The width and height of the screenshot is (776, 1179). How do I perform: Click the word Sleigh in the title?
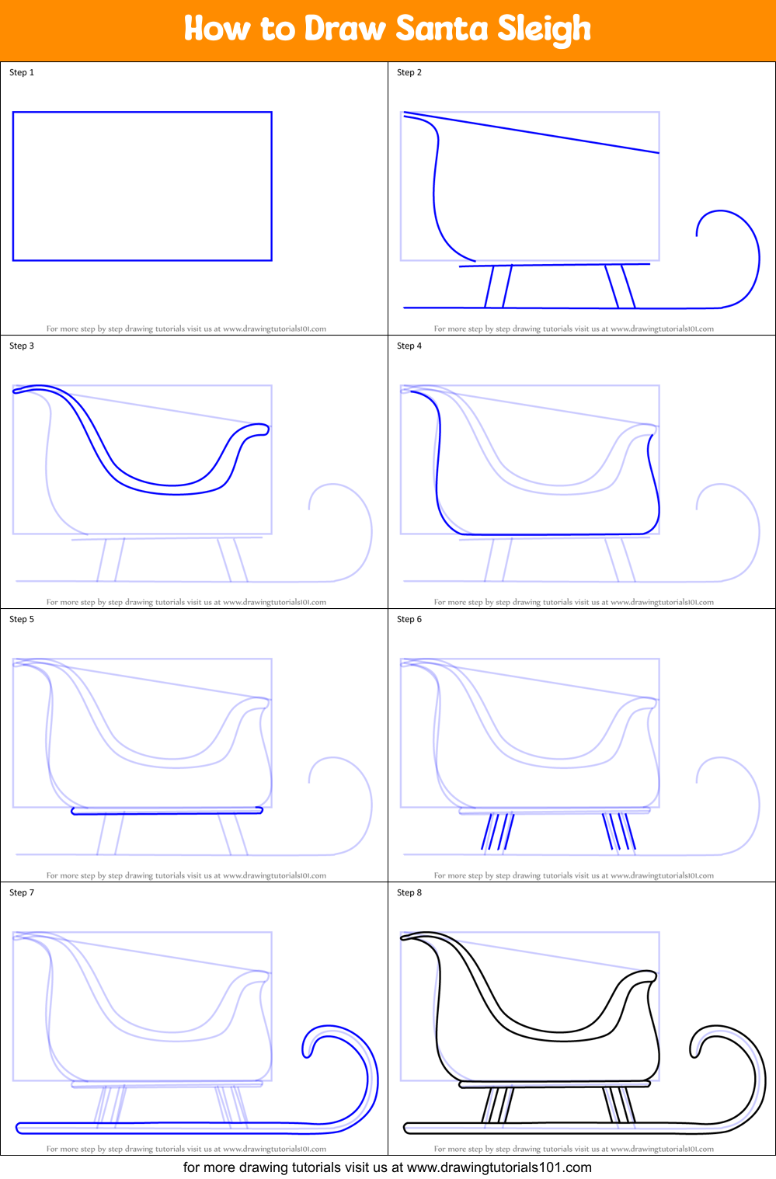544,30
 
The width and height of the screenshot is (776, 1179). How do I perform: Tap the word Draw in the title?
345,29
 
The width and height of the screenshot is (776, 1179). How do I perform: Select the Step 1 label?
22,72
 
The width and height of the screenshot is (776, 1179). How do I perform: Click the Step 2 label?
409,72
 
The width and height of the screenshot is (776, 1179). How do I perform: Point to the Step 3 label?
22,346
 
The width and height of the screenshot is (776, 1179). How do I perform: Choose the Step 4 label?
409,346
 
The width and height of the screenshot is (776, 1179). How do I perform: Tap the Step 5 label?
22,619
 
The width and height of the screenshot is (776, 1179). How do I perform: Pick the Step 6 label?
409,619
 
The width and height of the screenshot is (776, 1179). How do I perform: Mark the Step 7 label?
22,892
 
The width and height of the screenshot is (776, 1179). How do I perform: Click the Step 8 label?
409,892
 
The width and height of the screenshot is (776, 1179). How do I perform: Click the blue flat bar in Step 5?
167,811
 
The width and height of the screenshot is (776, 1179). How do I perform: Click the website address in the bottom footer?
499,1167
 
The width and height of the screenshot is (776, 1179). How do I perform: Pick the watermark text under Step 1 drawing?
186,329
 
